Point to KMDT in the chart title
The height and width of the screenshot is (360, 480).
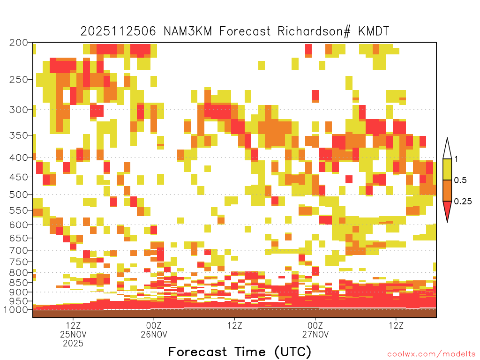click(374, 31)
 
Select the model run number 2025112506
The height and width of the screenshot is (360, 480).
click(118, 31)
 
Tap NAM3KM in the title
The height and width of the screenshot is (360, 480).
click(187, 31)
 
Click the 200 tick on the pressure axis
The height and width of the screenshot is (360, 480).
click(18, 43)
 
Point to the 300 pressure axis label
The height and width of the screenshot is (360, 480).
click(18, 110)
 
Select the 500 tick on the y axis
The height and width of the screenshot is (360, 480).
click(18, 195)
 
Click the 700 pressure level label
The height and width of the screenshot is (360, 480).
click(18, 250)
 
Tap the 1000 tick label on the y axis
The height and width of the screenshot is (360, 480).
click(15, 310)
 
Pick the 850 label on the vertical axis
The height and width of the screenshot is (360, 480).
click(18, 283)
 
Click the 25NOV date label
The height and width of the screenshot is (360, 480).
click(73, 334)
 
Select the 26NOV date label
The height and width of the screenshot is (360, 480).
click(154, 334)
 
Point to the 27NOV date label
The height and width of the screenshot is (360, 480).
click(315, 334)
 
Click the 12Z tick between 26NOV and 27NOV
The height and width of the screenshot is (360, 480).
click(235, 325)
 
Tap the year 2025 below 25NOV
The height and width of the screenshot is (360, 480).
click(73, 343)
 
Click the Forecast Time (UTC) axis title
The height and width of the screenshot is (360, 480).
click(240, 352)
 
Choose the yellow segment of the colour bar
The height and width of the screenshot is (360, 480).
click(447, 169)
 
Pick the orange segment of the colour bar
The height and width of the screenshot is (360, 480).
click(447, 190)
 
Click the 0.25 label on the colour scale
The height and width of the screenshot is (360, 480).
click(463, 202)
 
